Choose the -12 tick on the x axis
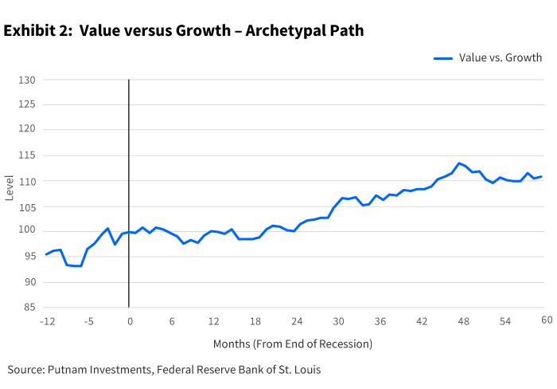pos(46,320)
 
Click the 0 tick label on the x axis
pos(129,320)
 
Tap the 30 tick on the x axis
pos(338,320)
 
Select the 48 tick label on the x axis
pos(463,320)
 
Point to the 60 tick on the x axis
pos(547,320)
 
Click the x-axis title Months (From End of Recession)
pos(292,344)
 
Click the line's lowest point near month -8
pos(74,265)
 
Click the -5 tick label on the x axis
pos(89,320)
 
